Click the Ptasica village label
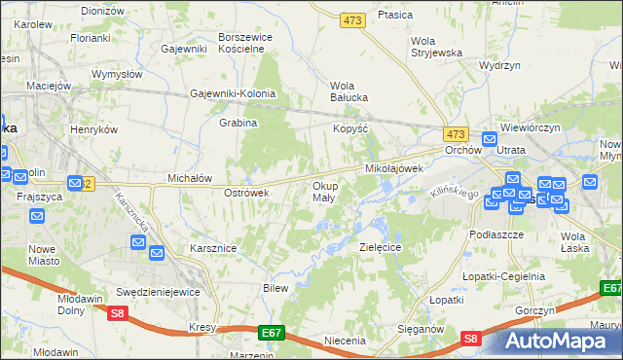coord(395,15)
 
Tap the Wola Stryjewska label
coord(435,47)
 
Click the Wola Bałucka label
coord(348,90)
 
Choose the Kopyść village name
coord(350,128)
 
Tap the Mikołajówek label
coord(394,168)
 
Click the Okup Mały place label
coord(324,191)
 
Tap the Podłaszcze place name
coord(496,235)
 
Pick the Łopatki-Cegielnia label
coord(503,276)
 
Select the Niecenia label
coord(345,341)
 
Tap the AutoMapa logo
coord(560,341)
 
